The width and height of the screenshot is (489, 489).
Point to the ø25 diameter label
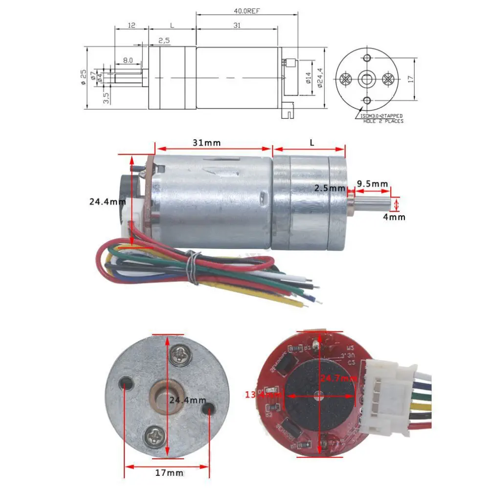tap(84, 78)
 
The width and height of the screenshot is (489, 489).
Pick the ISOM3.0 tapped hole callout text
tap(381, 118)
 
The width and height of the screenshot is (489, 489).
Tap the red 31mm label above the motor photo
tap(207, 143)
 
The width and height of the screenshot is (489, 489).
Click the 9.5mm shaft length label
tap(373, 184)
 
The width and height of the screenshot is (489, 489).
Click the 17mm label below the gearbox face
tap(168, 473)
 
